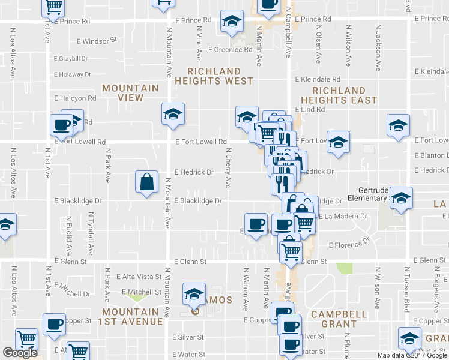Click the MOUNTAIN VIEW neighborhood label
[x=130, y=92]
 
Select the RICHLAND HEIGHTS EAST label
[x=339, y=95]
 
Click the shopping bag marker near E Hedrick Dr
[x=147, y=182]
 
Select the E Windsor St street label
[x=97, y=41]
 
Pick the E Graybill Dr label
[x=71, y=59]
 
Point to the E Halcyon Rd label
[x=75, y=98]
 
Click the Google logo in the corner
[x=20, y=353]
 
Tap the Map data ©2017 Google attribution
[x=411, y=355]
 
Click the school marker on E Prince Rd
[x=232, y=22]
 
